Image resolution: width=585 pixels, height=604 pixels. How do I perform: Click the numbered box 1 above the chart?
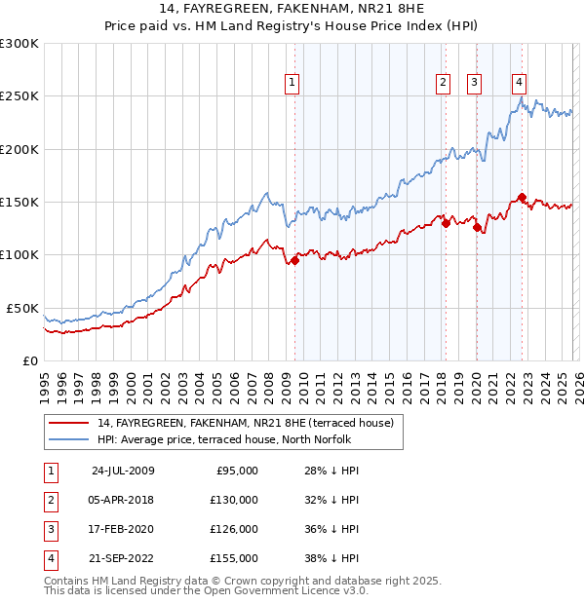(293, 83)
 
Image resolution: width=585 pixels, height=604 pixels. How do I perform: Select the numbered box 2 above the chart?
(443, 83)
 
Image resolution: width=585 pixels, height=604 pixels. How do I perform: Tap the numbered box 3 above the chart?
(475, 83)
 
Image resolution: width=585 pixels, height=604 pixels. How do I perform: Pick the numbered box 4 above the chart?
(520, 83)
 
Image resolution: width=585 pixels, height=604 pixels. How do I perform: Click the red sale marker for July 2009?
(294, 260)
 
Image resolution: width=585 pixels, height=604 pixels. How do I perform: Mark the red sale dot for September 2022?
(522, 197)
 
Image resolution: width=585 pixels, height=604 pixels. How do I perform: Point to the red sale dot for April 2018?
(446, 223)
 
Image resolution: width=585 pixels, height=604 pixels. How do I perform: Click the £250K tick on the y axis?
(19, 96)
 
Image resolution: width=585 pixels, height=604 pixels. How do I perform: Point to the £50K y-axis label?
(22, 308)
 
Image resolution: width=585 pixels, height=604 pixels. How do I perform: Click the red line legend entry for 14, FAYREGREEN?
(244, 423)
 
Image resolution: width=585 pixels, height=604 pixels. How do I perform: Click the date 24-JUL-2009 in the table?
(123, 471)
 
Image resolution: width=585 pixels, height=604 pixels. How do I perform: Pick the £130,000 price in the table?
(234, 500)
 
